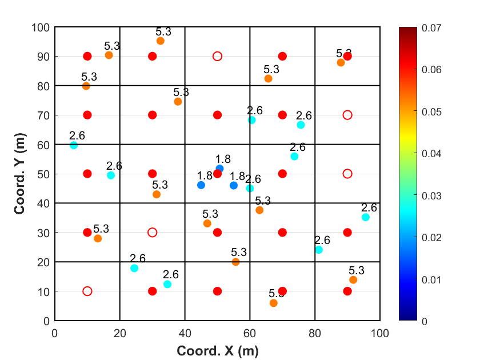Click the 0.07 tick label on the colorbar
[433, 27]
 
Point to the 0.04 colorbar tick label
[433, 153]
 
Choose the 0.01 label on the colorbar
[433, 279]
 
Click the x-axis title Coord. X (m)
[217, 350]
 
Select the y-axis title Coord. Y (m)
[21, 174]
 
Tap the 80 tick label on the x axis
[315, 332]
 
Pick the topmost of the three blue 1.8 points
[219, 169]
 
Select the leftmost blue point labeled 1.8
[201, 185]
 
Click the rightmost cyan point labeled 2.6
[366, 217]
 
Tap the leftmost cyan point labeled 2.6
[74, 145]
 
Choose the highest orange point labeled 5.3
[161, 41]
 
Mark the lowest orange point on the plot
[274, 303]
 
